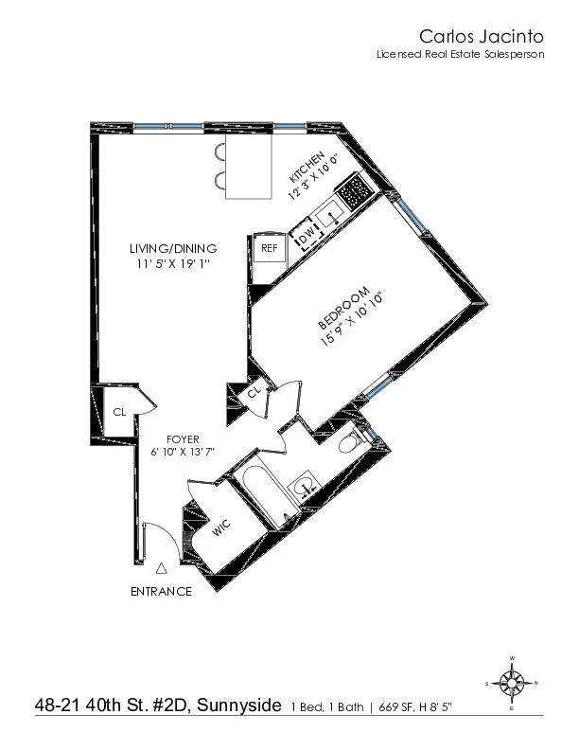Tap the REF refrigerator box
coord(269,248)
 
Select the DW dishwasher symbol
coord(306,233)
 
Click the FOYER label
coord(182,438)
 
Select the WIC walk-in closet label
coord(221,528)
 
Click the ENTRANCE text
coord(161,592)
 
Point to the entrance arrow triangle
coord(162,568)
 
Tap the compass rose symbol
coord(512,682)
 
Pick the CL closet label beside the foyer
coord(120,412)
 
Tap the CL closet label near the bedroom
coord(254,393)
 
